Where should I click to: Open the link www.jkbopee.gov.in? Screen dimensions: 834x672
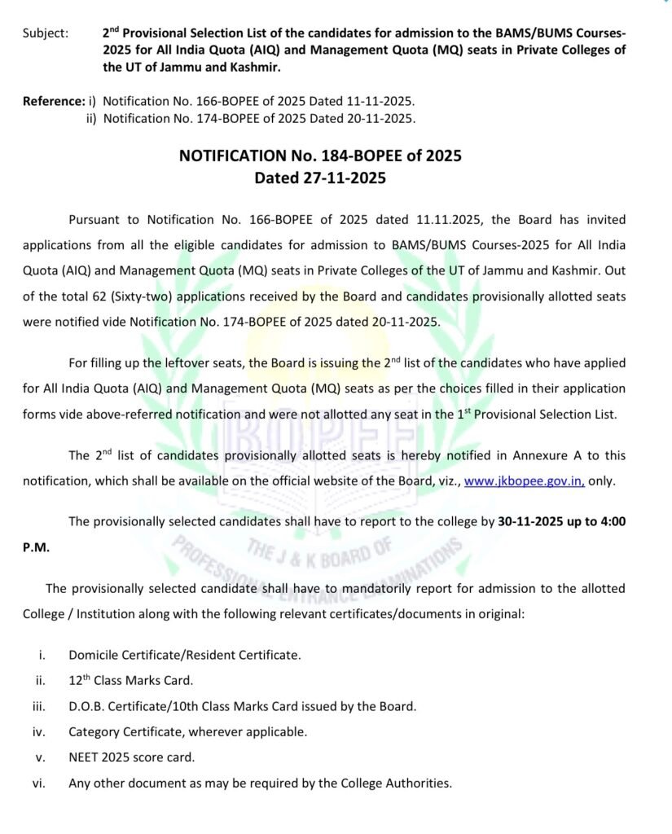click(524, 481)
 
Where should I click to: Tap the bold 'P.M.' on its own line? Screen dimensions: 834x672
click(37, 548)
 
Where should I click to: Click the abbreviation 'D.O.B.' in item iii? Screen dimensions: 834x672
click(88, 706)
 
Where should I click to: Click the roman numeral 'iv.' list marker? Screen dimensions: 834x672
click(38, 731)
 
